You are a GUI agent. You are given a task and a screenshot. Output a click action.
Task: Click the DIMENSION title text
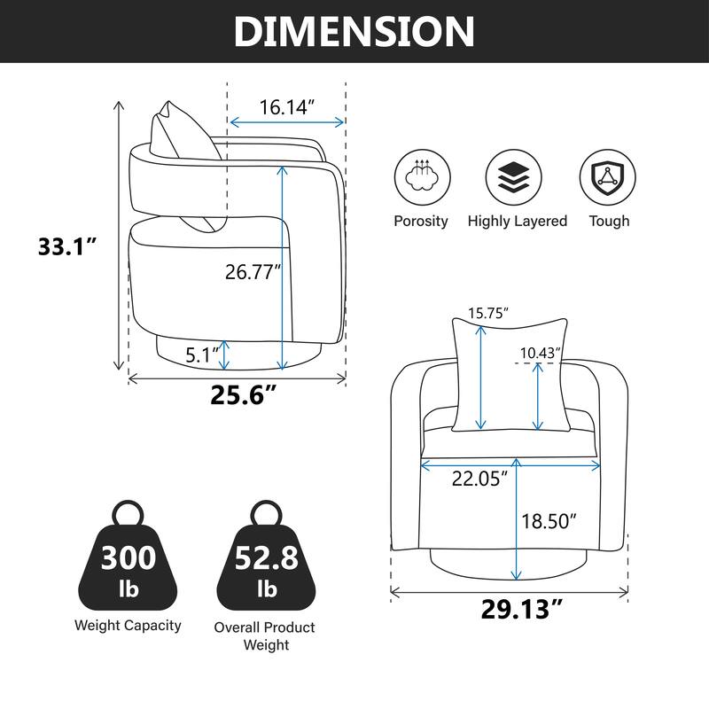tap(354, 31)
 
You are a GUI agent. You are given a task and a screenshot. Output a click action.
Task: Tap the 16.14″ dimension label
tap(286, 107)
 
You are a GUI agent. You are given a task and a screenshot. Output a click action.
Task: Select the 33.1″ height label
tap(67, 247)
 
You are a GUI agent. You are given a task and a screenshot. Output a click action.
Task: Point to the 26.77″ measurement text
tap(253, 272)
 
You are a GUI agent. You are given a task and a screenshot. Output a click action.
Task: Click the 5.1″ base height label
tap(202, 355)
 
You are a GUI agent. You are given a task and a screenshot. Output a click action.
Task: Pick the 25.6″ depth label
tap(243, 394)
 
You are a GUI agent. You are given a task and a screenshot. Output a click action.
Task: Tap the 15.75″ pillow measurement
tap(488, 313)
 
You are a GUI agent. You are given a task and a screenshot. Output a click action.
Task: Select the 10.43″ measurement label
tap(541, 353)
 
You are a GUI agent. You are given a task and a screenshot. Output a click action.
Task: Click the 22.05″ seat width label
tap(479, 479)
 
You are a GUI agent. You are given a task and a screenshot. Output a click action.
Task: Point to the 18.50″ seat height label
tap(549, 521)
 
